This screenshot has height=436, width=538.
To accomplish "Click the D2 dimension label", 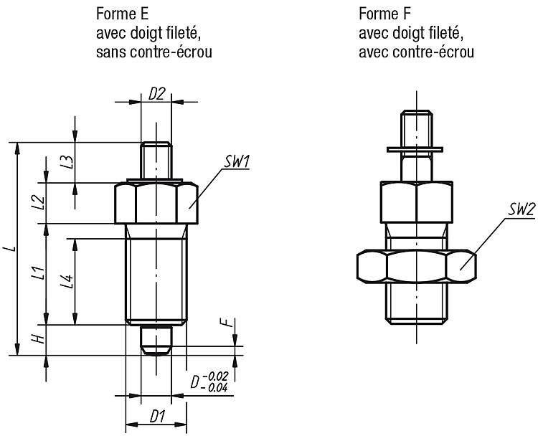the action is [157, 94].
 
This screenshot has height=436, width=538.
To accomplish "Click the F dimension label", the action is [230, 323].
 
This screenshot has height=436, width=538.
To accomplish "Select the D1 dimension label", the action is [157, 417].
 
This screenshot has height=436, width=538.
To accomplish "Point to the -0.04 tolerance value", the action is [215, 388].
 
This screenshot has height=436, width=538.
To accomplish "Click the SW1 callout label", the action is [237, 162].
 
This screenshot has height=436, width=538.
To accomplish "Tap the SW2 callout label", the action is [522, 209].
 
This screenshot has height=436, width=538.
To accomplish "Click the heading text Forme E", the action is [122, 14].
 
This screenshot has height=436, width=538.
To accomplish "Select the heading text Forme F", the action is [384, 14].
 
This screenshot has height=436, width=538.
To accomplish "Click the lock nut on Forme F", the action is [416, 267].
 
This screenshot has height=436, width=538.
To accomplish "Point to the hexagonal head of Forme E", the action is [156, 203].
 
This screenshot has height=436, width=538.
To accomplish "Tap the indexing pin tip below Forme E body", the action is [156, 341].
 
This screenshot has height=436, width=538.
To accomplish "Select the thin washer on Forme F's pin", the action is [415, 150].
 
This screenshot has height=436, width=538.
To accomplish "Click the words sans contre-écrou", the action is [154, 52].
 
